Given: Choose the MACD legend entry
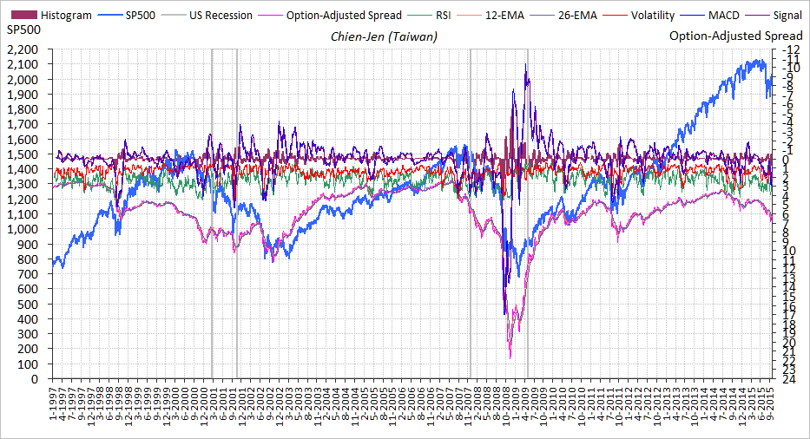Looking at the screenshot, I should (723, 16).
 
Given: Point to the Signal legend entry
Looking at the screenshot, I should (787, 16).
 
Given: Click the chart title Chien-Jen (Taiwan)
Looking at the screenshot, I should (384, 36).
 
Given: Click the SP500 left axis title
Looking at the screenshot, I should (23, 30).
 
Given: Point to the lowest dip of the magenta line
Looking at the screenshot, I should (510, 357).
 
